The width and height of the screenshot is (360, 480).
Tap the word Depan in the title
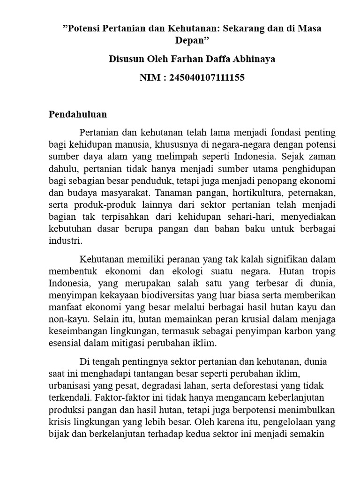[x=191, y=40]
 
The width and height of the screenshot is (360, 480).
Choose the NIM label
[x=150, y=78]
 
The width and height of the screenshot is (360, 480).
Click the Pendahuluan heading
[x=78, y=114]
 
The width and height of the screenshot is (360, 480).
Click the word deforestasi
[x=266, y=385]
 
